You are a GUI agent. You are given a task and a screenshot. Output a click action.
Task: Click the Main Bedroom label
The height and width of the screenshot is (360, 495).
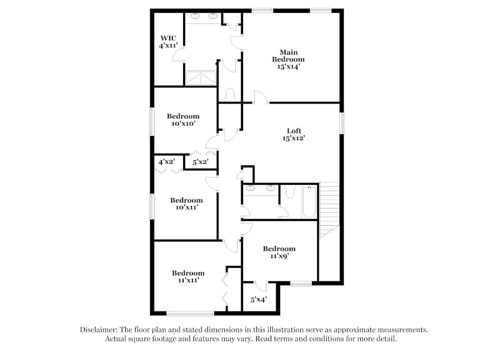tap(288, 59)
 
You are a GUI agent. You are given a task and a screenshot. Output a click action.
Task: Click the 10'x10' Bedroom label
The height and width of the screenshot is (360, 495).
tap(183, 120)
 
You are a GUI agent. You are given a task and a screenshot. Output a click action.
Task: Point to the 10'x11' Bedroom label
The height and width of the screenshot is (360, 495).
tap(187, 204)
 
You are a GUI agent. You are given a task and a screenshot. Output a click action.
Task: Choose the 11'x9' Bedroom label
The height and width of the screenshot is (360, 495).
tap(279, 252)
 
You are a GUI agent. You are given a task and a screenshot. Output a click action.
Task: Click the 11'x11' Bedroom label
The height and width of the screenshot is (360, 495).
tap(188, 276)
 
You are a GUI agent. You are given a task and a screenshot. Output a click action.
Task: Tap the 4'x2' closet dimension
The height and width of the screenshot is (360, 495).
tap(167, 161)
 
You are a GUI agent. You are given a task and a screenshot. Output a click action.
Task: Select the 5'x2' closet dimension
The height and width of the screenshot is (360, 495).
tap(200, 161)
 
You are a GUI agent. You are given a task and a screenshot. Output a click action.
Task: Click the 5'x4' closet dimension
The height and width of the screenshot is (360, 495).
tap(258, 300)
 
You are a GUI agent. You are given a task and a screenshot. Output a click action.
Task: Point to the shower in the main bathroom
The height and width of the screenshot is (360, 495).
tap(200, 78)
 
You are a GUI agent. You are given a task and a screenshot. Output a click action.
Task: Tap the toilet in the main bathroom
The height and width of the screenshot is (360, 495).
tap(230, 94)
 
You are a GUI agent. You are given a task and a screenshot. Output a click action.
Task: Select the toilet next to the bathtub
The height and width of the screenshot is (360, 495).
tap(291, 191)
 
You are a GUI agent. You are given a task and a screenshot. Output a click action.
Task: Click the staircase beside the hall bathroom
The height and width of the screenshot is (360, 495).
tap(330, 208)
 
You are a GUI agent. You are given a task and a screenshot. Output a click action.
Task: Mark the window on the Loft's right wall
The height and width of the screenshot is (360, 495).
tap(342, 123)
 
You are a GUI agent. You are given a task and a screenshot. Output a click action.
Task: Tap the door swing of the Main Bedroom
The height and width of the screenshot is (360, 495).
tap(260, 97)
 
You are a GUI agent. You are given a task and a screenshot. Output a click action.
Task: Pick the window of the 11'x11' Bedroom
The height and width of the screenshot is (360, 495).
tap(190, 313)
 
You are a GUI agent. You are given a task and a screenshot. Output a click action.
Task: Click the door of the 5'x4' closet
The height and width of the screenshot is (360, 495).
tap(261, 286)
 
